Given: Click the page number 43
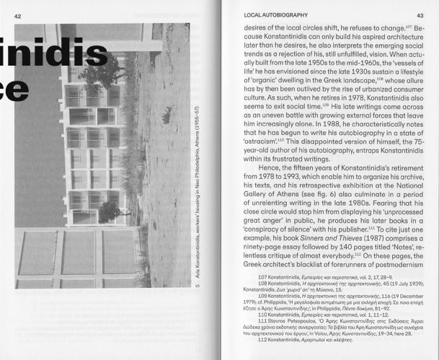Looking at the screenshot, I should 420,14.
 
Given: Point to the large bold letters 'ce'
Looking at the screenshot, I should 14,88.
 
